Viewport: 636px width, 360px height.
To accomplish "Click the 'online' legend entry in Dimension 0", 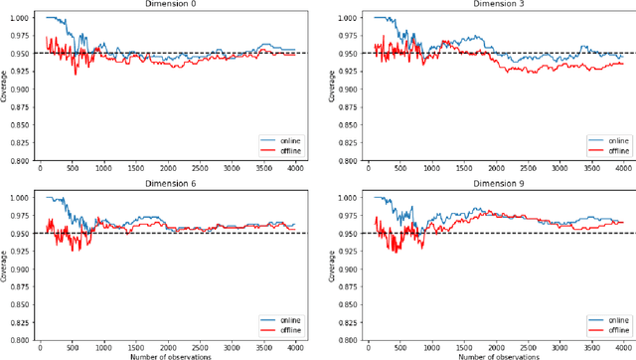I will (287, 141).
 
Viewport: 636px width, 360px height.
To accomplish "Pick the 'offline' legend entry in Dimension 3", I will (617, 151).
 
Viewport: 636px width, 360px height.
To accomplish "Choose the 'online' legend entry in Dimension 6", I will (287, 320).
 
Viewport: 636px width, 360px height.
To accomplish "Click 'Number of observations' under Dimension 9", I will (495, 356).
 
